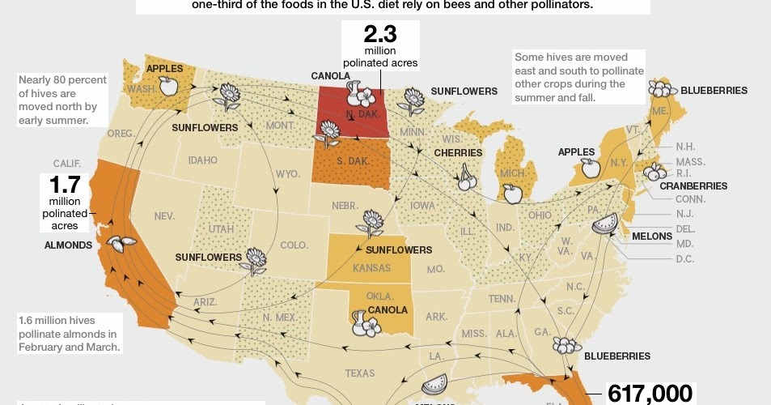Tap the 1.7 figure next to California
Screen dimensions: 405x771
[64, 185]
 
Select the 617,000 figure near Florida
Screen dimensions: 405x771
[650, 394]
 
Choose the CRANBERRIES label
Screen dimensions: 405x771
[693, 185]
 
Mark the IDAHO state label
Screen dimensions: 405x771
[202, 160]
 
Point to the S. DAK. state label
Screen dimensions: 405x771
[353, 161]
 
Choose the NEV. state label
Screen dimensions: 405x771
[164, 216]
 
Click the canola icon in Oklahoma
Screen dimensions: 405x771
[366, 322]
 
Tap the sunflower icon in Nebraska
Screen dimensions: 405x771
[372, 221]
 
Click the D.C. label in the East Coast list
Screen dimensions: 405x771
[684, 259]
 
